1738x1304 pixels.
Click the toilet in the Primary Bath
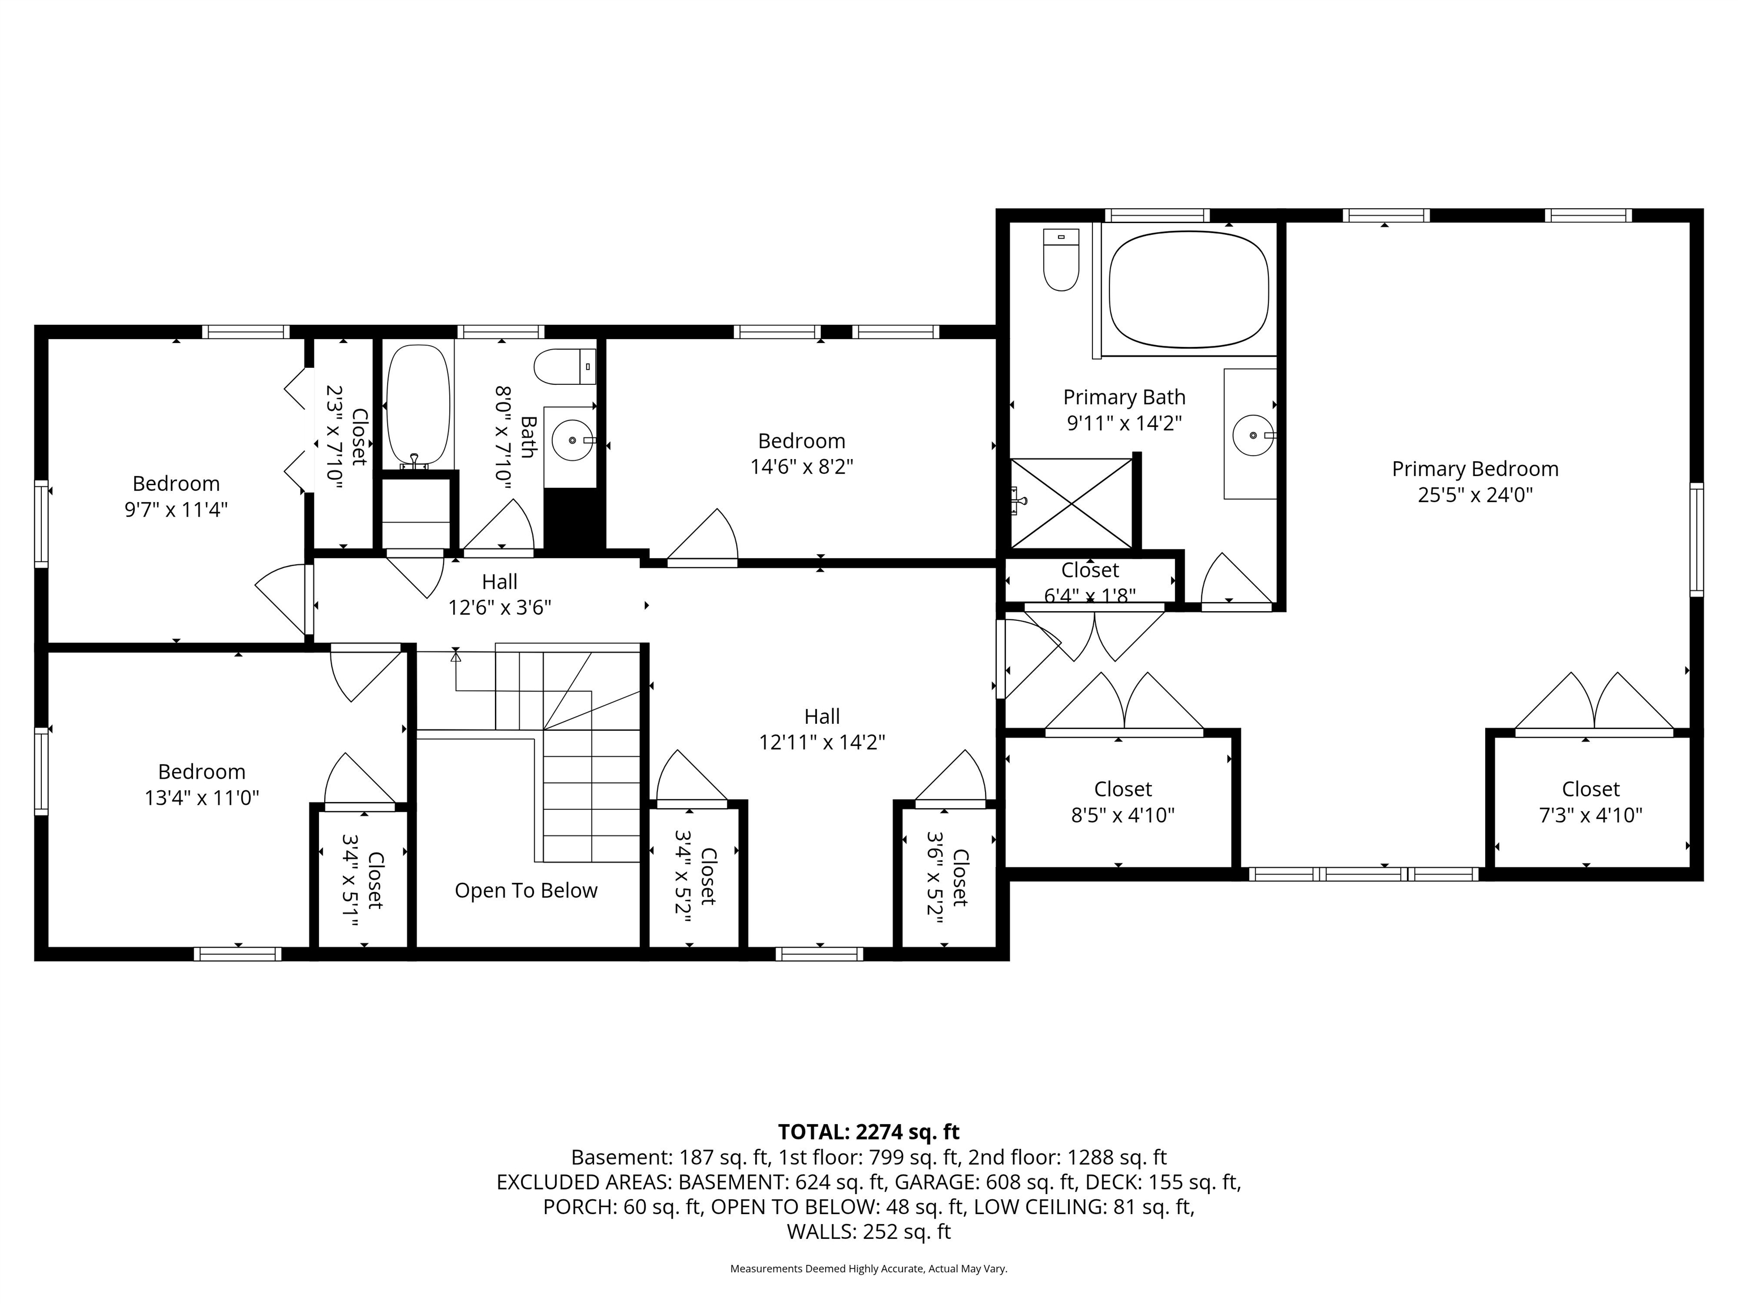[x=1061, y=259]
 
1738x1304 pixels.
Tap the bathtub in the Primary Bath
[x=1188, y=289]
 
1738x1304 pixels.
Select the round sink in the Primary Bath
[x=1253, y=435]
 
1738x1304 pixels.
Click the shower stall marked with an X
[x=1072, y=503]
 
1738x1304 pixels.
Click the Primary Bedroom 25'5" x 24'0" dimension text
[x=1475, y=495]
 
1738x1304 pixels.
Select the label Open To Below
[x=526, y=890]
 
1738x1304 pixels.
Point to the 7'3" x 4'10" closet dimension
[x=1590, y=815]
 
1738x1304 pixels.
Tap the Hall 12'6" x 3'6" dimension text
[x=499, y=608]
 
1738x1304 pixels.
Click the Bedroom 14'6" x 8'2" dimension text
[x=802, y=467]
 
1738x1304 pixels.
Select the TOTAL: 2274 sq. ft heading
[x=868, y=1132]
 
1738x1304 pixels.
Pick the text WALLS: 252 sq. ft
[x=868, y=1232]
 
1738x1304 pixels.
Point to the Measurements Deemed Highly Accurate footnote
[x=868, y=1269]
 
